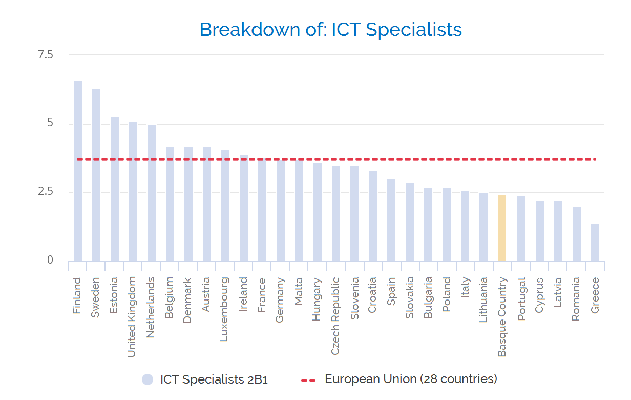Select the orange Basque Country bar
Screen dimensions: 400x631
pos(502,228)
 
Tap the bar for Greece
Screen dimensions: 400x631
pos(595,242)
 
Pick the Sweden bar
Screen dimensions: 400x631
pos(96,175)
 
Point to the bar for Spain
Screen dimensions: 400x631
pos(391,220)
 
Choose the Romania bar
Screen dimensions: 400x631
pos(577,234)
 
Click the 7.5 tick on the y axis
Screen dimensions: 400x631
pos(46,55)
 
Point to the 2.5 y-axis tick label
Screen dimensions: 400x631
pos(46,192)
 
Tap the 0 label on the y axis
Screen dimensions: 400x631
pos(50,260)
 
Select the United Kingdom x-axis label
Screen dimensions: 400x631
pos(132,317)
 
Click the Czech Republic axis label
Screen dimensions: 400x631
pos(335,316)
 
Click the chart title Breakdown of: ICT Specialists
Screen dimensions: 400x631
pos(331,29)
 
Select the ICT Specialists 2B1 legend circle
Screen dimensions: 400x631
pos(148,379)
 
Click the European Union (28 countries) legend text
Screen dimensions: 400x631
pos(411,379)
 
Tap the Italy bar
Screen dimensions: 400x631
pos(465,226)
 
